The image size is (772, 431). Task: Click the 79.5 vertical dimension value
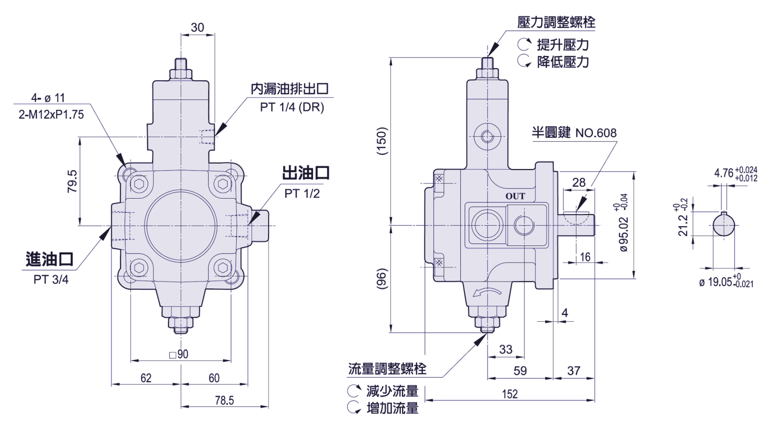tap(72, 181)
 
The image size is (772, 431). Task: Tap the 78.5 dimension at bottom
tap(225, 400)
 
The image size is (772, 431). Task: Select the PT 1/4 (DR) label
tap(292, 107)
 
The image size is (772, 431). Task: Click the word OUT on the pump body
tap(515, 196)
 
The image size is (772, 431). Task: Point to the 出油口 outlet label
tap(306, 173)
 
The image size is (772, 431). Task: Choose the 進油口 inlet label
tap(49, 259)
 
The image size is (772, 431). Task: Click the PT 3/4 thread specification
tap(51, 279)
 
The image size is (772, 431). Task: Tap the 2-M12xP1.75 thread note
tap(52, 114)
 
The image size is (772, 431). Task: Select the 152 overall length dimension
tap(510, 394)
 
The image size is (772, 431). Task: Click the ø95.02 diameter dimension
tap(624, 234)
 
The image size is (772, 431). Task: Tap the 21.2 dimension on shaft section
tap(683, 225)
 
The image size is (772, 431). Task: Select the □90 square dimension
tap(179, 354)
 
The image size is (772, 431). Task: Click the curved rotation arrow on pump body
tap(488, 292)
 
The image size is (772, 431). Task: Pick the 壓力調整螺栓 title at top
tap(556, 23)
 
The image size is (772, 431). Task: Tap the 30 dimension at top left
tap(198, 27)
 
